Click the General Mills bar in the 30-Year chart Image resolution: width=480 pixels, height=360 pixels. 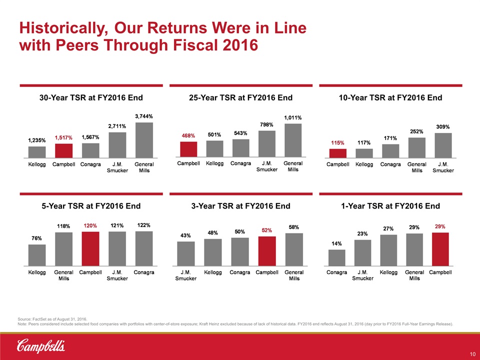pyautogui.click(x=144, y=140)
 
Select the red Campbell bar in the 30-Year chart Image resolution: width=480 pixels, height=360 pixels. pyautogui.click(x=63, y=150)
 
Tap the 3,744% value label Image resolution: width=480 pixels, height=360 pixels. pyautogui.click(x=144, y=116)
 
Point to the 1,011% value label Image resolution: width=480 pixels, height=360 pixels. pyautogui.click(x=292, y=117)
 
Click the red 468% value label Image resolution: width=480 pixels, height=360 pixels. pyautogui.click(x=188, y=135)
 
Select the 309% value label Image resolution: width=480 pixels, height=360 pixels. pyautogui.click(x=443, y=127)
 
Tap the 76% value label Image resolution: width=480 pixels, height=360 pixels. pyautogui.click(x=37, y=238)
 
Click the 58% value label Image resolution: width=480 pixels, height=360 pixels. pyautogui.click(x=293, y=227)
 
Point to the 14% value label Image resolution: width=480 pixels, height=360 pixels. pyautogui.click(x=336, y=243)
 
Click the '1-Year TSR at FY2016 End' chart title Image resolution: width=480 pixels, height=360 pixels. pyautogui.click(x=390, y=206)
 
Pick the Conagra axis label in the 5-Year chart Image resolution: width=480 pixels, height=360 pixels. pyautogui.click(x=144, y=272)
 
